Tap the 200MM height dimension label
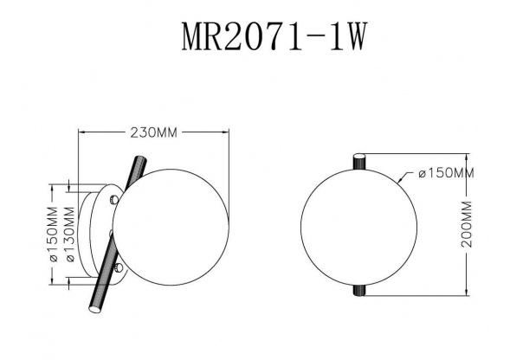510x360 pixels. tap(468, 226)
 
